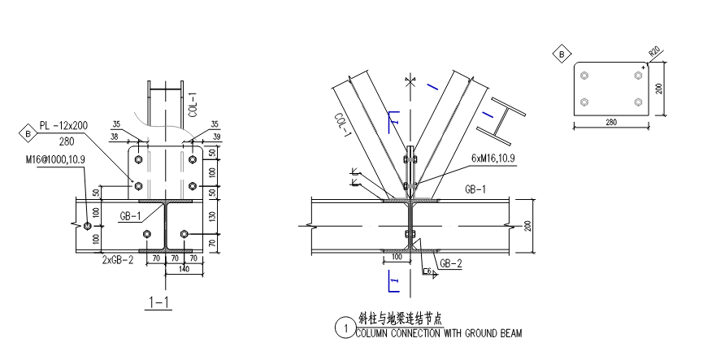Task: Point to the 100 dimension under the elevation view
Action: pos(397,257)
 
